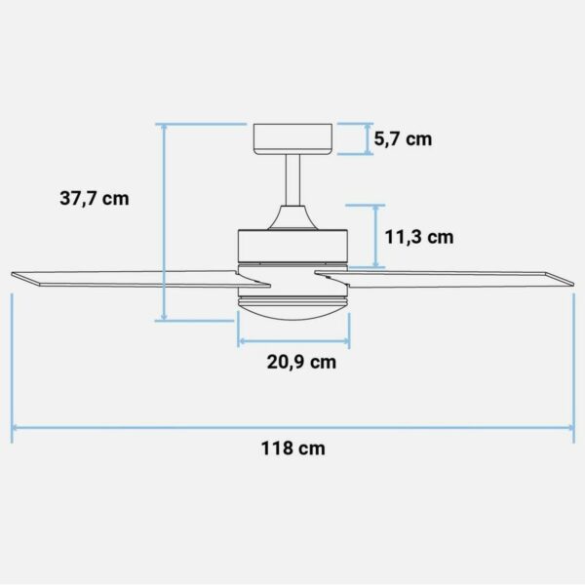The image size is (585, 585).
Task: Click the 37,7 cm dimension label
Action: point(95,198)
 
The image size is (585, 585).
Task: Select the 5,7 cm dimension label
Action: point(403,139)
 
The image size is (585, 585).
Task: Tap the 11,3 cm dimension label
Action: point(419,237)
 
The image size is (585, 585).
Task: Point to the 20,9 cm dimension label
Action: point(301,362)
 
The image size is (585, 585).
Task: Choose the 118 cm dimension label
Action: point(292,448)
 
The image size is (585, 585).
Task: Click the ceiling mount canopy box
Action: point(292,138)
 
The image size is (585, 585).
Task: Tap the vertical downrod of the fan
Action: point(292,180)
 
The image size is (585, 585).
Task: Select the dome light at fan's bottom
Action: point(292,310)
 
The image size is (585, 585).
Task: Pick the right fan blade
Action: point(444,280)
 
